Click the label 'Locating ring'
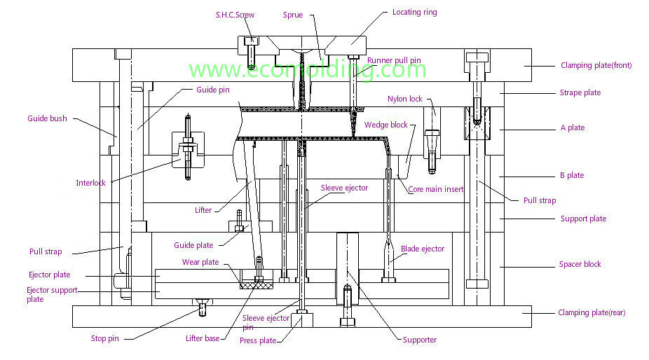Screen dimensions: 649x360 414,13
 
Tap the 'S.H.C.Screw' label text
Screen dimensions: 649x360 235,15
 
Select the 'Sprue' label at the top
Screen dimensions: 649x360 293,15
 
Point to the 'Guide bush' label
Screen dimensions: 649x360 47,118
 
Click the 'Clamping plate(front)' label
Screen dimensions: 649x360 596,65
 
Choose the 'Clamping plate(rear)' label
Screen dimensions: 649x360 592,312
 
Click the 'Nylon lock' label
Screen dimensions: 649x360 405,99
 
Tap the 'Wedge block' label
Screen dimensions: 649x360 385,125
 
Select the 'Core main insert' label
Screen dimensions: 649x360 436,189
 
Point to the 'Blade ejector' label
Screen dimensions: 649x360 423,249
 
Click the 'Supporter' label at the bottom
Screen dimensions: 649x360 420,340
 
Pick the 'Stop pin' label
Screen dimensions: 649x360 104,338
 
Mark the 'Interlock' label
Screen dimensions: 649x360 90,183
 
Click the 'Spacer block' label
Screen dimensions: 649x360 580,264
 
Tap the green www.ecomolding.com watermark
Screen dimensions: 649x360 308,69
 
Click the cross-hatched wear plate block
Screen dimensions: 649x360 257,285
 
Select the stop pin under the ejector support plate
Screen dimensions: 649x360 203,307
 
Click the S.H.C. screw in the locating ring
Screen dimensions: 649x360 251,53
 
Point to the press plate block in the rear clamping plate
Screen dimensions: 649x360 302,320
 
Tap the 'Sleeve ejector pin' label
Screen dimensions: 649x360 266,322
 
